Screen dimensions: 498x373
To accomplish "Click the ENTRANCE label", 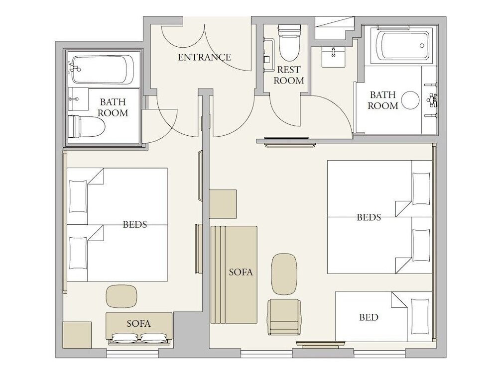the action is (x=204, y=57).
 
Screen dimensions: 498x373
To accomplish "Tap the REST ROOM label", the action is (x=289, y=75).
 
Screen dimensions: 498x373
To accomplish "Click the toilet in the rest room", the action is (x=289, y=42).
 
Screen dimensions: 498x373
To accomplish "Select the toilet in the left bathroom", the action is (x=87, y=126).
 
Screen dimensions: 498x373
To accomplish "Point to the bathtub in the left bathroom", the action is (x=102, y=70).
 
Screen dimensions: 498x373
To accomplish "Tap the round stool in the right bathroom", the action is (x=410, y=100).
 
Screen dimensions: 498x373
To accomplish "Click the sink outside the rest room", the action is (x=333, y=57).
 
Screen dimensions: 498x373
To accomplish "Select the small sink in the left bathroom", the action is (x=78, y=99).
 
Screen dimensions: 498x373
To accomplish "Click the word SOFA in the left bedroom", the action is (x=138, y=324).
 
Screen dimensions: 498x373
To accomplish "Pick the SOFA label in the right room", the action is (x=241, y=272).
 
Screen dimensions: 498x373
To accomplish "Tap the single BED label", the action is (x=369, y=317).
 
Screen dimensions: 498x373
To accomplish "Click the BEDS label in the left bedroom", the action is (x=135, y=225).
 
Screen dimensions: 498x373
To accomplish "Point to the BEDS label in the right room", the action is (x=369, y=217).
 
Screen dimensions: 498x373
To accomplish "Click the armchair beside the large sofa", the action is (x=284, y=317).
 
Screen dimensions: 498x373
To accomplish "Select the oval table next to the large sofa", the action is (x=284, y=274).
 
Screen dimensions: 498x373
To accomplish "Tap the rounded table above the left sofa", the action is (x=122, y=296).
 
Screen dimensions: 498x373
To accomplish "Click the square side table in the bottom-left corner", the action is (x=78, y=335).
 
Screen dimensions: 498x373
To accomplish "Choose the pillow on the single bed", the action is (x=420, y=316).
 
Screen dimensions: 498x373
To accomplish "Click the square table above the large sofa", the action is (x=223, y=204).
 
